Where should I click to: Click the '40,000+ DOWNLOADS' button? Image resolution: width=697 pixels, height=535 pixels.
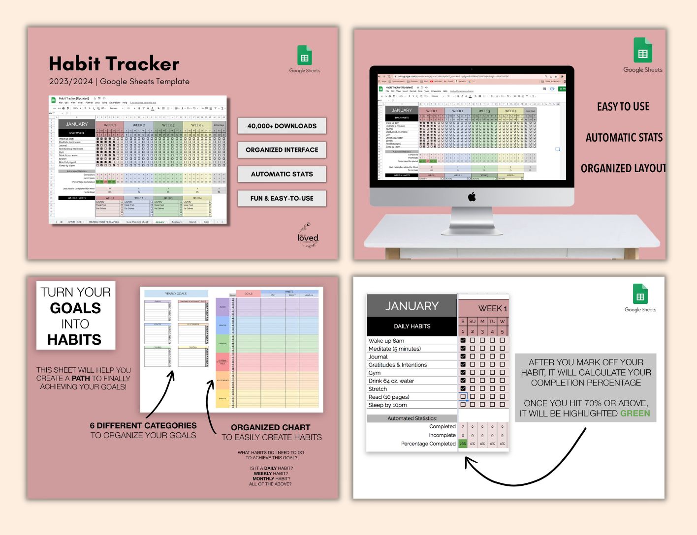pyautogui.click(x=282, y=126)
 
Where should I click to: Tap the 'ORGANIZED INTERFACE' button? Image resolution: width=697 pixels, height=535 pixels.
pyautogui.click(x=282, y=150)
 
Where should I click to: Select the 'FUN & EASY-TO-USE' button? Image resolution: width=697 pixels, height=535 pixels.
pyautogui.click(x=282, y=198)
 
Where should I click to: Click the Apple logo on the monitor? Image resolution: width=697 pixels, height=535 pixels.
pyautogui.click(x=472, y=197)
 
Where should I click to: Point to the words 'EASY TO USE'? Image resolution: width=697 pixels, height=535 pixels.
pyautogui.click(x=623, y=107)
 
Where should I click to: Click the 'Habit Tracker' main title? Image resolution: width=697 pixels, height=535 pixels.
pyautogui.click(x=114, y=64)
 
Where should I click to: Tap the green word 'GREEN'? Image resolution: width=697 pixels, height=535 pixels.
pyautogui.click(x=635, y=414)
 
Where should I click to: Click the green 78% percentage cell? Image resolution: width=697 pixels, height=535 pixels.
pyautogui.click(x=463, y=444)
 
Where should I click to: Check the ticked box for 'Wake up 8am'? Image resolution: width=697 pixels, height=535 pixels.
pyautogui.click(x=463, y=340)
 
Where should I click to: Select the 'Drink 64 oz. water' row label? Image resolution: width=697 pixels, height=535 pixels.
pyautogui.click(x=391, y=381)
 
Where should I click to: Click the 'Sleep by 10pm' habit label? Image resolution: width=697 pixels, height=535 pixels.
pyautogui.click(x=387, y=405)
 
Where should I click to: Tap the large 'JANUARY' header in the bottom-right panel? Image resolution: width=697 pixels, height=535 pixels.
pyautogui.click(x=412, y=306)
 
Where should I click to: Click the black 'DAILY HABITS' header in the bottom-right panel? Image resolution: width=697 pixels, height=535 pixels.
pyautogui.click(x=412, y=326)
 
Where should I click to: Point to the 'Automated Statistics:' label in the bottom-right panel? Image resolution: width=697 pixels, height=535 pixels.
pyautogui.click(x=412, y=418)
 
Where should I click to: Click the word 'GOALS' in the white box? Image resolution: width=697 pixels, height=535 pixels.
pyautogui.click(x=75, y=308)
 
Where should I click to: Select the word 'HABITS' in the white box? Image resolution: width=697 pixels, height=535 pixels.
pyautogui.click(x=74, y=340)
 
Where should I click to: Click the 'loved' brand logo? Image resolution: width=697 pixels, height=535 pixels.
pyautogui.click(x=308, y=238)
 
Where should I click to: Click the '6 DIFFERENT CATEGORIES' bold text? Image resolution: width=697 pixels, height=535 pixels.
pyautogui.click(x=143, y=425)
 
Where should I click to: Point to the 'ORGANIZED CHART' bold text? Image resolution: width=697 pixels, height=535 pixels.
pyautogui.click(x=271, y=427)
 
